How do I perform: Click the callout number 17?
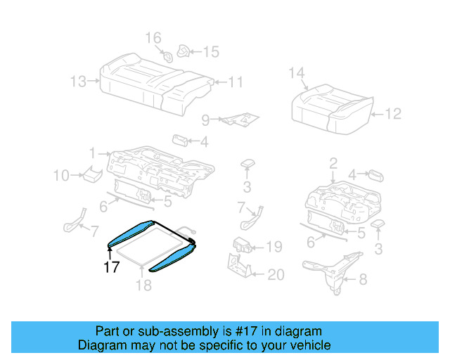click(110, 267)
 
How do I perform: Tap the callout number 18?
click(143, 285)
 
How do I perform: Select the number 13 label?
click(78, 82)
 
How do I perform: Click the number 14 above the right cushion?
click(297, 73)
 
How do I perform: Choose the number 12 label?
click(393, 112)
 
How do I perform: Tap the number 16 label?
click(153, 37)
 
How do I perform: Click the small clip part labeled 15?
click(183, 51)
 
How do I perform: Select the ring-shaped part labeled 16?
click(168, 56)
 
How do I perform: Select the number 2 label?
click(333, 164)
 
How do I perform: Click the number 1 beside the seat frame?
click(92, 153)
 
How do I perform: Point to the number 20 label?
click(276, 274)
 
